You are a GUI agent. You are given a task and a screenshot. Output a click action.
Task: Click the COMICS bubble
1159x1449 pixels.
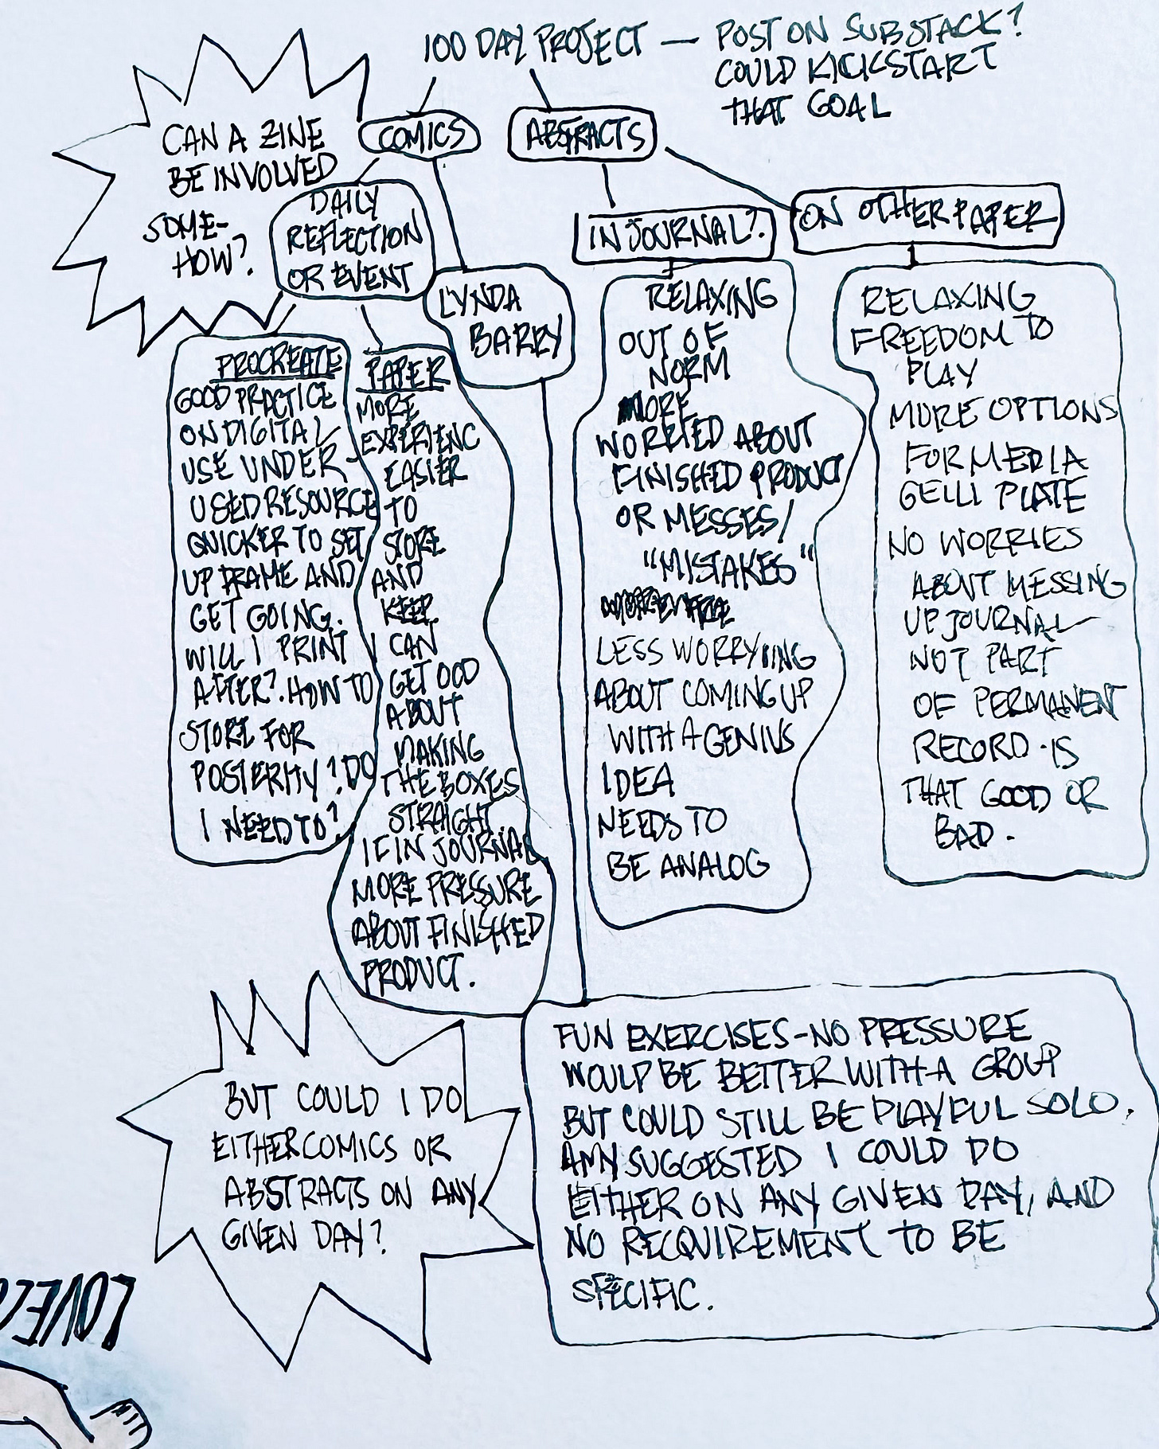coord(420,139)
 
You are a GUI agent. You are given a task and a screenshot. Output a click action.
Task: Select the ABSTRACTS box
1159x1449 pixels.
coord(584,137)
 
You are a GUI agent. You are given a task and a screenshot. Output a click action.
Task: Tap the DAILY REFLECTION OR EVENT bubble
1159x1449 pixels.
coord(350,238)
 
